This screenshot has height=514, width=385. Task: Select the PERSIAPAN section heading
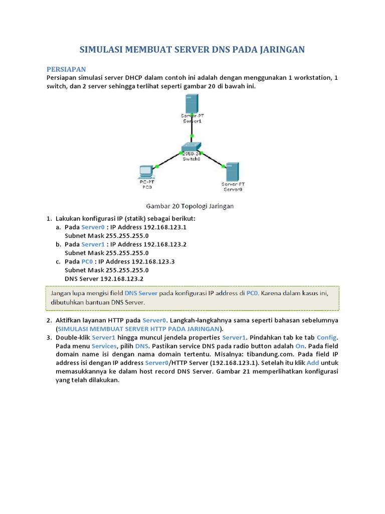point(66,69)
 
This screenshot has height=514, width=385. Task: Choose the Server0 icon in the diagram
point(232,171)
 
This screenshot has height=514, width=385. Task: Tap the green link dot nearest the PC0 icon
point(157,166)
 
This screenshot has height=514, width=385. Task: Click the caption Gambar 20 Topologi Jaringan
point(189,206)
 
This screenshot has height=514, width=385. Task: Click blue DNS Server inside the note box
point(141,293)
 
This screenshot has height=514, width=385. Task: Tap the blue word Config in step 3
point(327,337)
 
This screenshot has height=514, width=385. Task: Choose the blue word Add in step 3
point(312,363)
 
